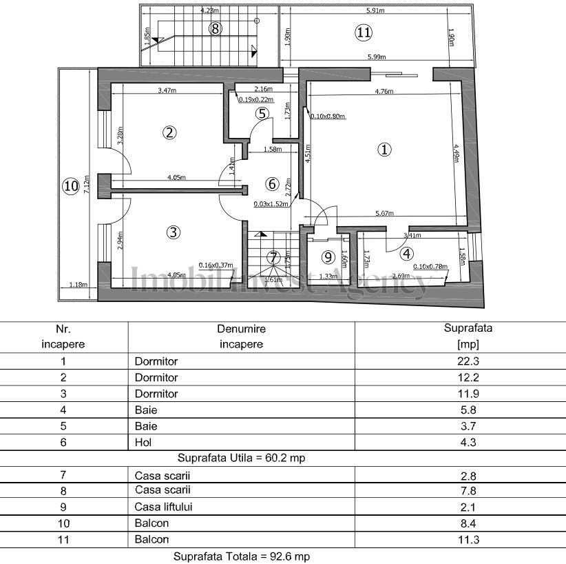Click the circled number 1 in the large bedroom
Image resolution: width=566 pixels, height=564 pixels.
tap(384, 149)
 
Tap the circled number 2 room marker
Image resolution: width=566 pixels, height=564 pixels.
tap(167, 133)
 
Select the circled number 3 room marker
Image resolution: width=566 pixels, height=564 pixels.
tap(174, 232)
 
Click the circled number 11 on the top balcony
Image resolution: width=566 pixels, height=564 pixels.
tap(364, 31)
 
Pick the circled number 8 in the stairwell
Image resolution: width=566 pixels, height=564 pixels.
tap(216, 28)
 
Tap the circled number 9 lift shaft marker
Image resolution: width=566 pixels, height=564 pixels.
tap(328, 257)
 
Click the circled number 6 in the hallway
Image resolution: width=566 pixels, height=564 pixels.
tap(271, 183)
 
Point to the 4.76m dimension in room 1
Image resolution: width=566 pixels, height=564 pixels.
tap(384, 91)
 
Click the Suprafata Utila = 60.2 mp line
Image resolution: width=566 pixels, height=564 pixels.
tap(241, 458)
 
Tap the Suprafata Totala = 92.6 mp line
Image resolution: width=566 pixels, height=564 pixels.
tap(246, 556)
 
